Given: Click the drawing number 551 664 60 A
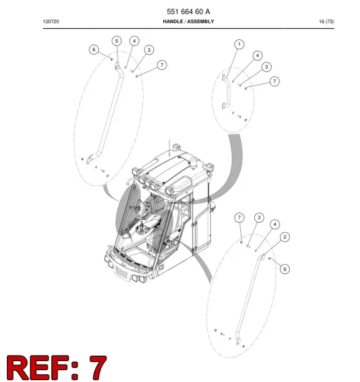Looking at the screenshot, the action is [x=188, y=11].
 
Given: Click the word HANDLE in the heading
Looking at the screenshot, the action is [x=173, y=21].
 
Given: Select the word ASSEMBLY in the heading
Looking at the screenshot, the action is [x=200, y=21].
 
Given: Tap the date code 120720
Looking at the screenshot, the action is [x=51, y=21].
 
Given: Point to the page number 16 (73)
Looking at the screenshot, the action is [x=326, y=21].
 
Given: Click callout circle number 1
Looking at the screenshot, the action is [x=239, y=44].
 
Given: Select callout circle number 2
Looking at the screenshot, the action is [x=285, y=237].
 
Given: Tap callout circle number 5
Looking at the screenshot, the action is [x=116, y=41].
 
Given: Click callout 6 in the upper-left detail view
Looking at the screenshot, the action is [x=94, y=50].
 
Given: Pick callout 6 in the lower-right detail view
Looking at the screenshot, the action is [x=285, y=269].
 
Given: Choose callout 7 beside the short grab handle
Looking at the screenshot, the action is [x=274, y=82].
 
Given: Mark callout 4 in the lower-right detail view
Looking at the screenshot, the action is [x=275, y=224].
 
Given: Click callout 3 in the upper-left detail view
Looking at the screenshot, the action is [x=149, y=50].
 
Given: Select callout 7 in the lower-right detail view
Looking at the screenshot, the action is [x=239, y=218].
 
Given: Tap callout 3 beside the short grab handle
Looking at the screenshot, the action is [x=267, y=67].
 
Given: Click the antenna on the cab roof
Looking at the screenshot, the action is [x=169, y=147].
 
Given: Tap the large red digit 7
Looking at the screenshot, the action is [x=98, y=368].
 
